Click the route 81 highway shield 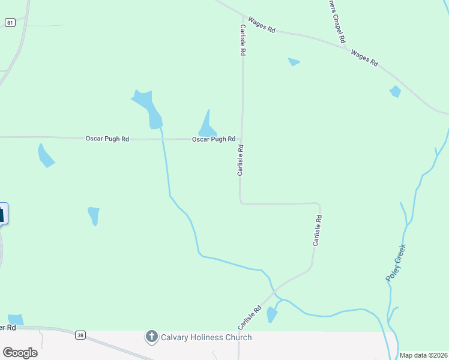10,22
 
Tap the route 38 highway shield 80,335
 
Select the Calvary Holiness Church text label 206,337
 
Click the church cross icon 152,337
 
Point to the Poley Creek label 396,262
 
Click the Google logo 20,352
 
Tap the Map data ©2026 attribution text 423,355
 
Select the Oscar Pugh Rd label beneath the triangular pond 213,139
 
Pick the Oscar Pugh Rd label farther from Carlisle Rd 107,139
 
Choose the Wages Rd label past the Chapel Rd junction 364,58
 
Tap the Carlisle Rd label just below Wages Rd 243,40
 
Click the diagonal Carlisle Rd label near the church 250,318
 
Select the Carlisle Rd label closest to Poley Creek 318,231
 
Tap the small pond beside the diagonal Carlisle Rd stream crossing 272,314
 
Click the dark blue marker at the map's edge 2,213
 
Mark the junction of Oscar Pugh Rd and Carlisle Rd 242,139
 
